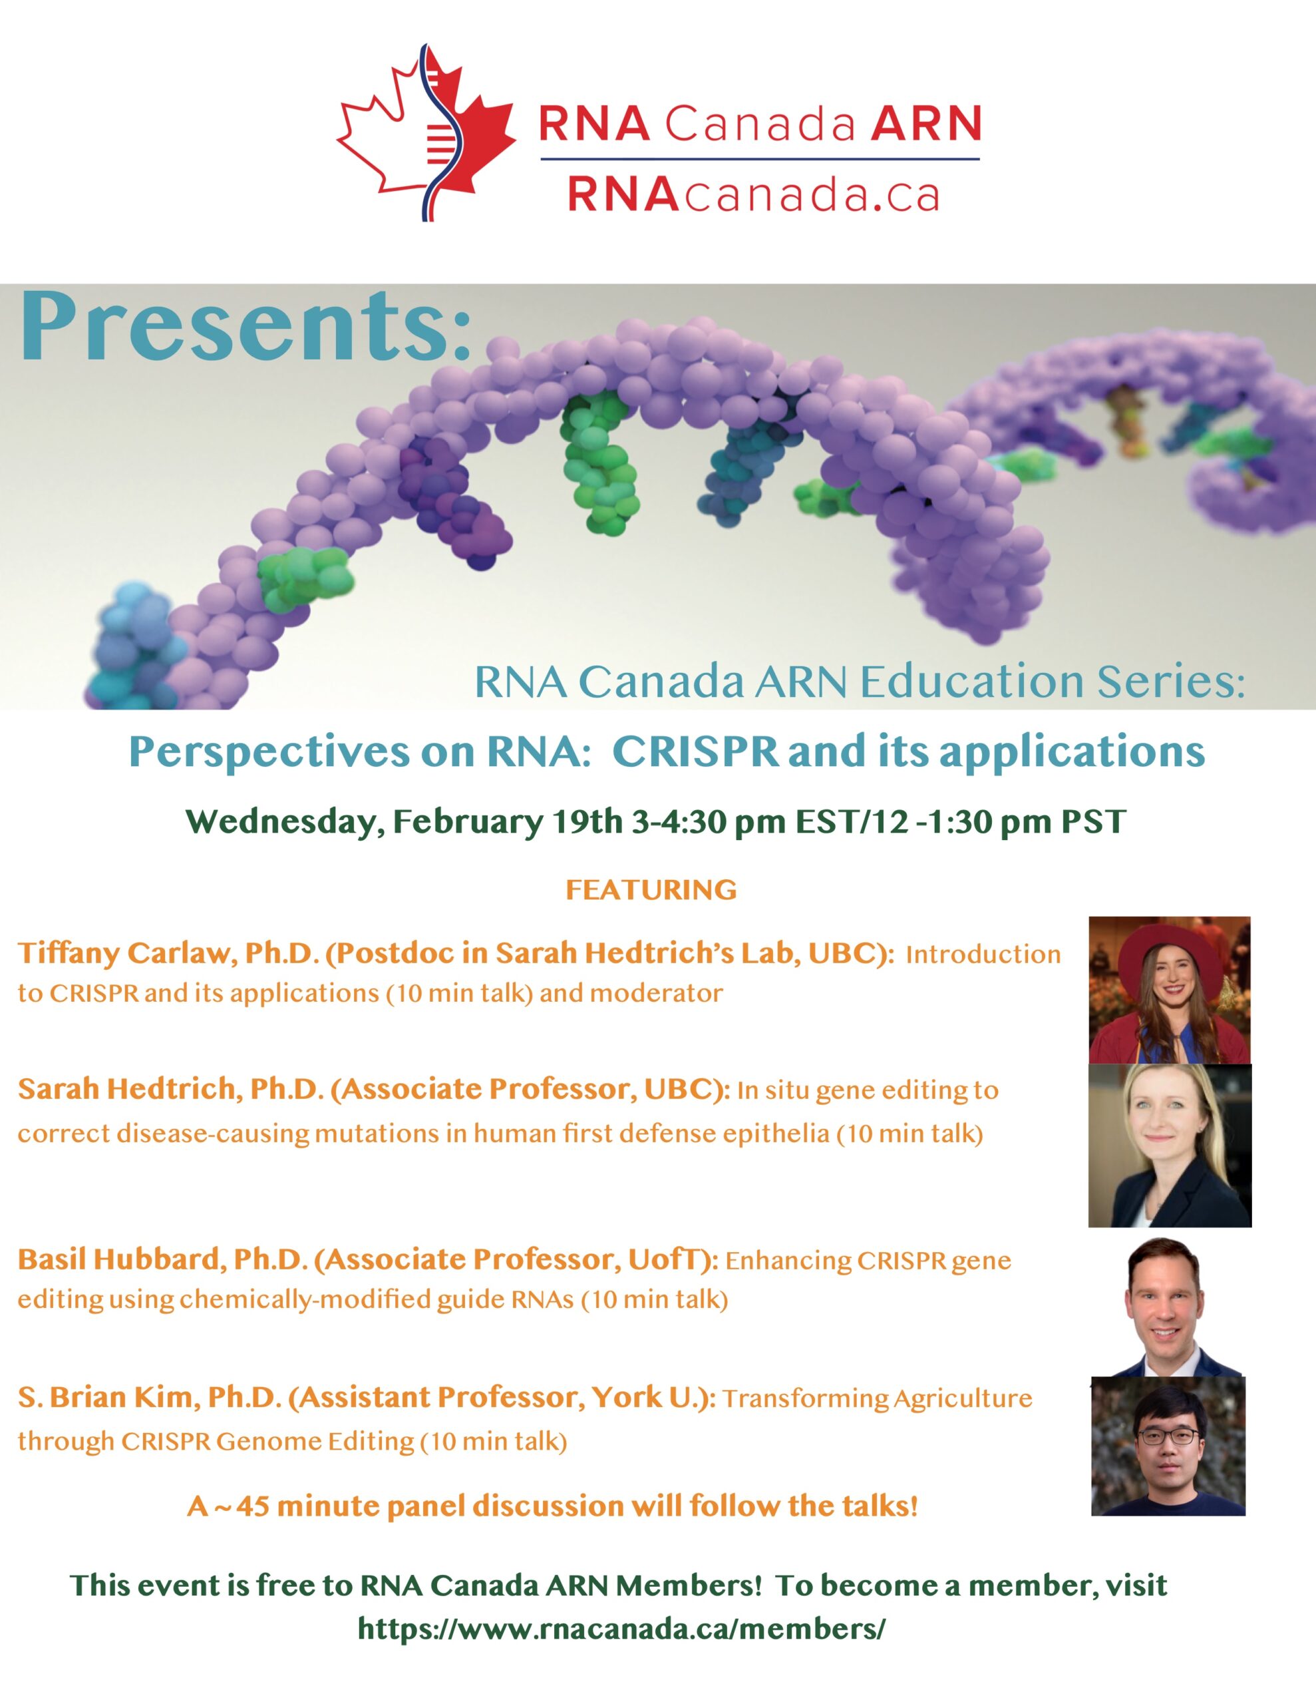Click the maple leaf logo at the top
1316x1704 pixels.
[426, 132]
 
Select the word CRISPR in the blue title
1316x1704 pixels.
[695, 751]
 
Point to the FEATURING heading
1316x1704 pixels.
[651, 889]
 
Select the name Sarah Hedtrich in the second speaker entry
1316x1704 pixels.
[127, 1088]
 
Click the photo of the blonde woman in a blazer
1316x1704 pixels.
[1170, 1146]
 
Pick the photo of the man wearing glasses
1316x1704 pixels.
[1168, 1446]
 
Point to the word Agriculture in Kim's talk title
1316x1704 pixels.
[963, 1398]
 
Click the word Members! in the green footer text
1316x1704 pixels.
[688, 1585]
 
